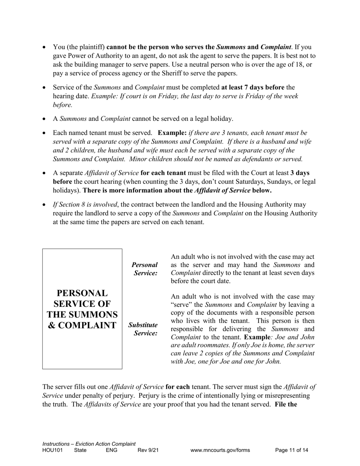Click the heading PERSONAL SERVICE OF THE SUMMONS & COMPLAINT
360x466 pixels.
click(x=82, y=309)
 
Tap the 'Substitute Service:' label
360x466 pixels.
click(x=143, y=329)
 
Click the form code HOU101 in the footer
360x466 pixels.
click(x=52, y=450)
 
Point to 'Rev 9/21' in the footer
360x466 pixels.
click(x=148, y=450)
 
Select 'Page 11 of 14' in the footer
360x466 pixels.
click(x=291, y=450)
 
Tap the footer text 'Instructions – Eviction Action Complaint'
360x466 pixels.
click(x=89, y=444)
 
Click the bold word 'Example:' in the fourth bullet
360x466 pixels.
click(x=172, y=133)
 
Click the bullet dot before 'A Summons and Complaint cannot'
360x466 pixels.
click(x=44, y=119)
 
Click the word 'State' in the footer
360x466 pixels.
click(x=80, y=450)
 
